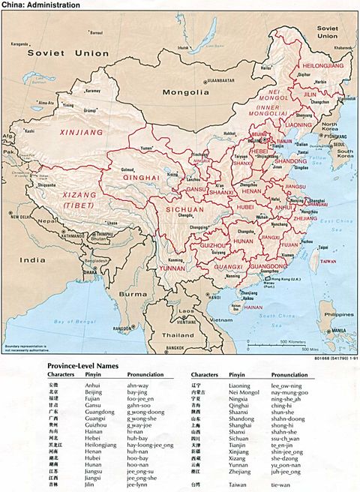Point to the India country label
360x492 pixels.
pos(32,259)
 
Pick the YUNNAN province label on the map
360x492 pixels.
pos(172,266)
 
